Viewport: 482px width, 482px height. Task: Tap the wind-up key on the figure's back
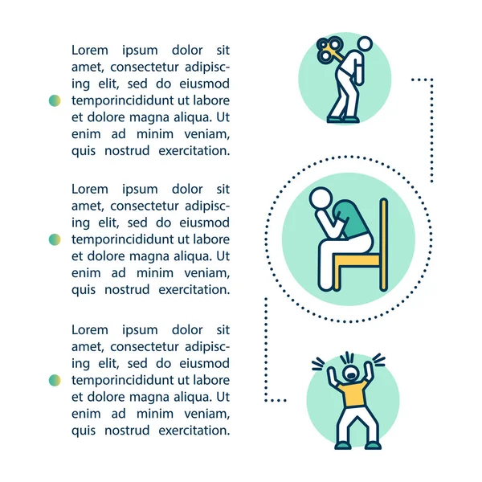[329, 49]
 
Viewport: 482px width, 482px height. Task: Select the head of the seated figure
[321, 198]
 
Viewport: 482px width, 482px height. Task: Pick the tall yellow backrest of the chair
[383, 245]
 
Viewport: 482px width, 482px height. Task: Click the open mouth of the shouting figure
[351, 375]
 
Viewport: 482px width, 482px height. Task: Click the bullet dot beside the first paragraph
[55, 100]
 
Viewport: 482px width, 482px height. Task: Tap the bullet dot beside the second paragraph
[55, 239]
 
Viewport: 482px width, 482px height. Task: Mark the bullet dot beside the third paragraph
[55, 380]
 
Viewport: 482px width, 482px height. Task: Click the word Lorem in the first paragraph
[90, 50]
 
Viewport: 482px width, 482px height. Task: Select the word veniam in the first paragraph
[207, 134]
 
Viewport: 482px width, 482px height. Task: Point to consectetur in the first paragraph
[144, 67]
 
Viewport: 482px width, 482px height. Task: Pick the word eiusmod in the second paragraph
[204, 223]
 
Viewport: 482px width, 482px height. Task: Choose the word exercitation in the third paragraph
[194, 431]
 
